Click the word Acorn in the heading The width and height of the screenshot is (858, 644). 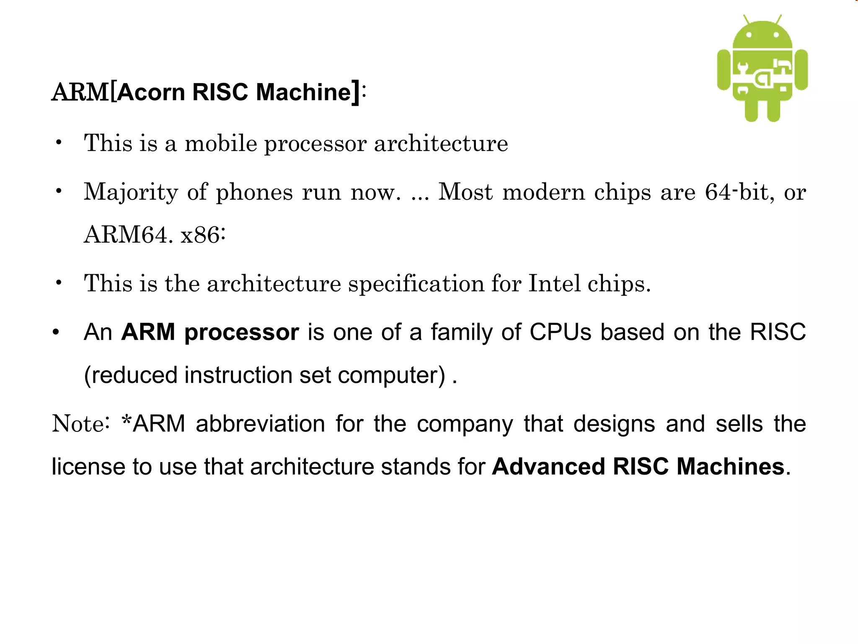[x=151, y=92]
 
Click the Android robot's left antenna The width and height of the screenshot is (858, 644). [x=746, y=20]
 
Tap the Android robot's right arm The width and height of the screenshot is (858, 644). [x=801, y=70]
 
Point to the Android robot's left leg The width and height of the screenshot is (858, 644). [x=751, y=110]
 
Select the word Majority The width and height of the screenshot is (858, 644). [x=131, y=192]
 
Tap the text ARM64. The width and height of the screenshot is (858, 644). [x=128, y=235]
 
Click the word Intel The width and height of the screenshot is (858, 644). [x=554, y=283]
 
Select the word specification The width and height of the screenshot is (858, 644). [x=416, y=284]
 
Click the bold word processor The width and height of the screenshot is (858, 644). [x=242, y=332]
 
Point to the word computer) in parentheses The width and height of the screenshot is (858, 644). [x=391, y=375]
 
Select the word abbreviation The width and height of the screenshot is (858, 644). [x=260, y=423]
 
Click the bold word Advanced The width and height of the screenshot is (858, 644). [x=548, y=466]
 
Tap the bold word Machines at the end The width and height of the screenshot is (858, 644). [x=730, y=466]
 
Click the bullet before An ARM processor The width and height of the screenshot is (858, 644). [x=56, y=332]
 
